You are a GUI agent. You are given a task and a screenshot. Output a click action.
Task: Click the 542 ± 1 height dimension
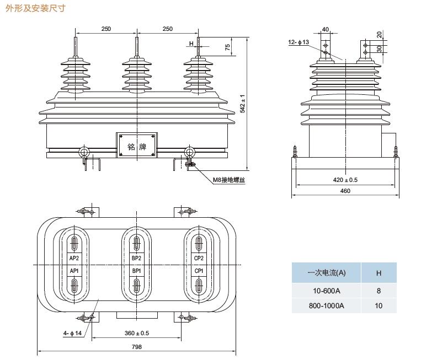click(x=243, y=103)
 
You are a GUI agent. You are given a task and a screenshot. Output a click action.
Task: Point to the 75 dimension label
click(x=227, y=47)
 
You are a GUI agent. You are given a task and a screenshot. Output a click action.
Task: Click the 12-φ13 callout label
click(x=299, y=42)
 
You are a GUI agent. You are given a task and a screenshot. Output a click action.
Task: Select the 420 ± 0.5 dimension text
click(x=345, y=180)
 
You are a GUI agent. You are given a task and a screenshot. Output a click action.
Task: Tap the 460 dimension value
click(x=345, y=191)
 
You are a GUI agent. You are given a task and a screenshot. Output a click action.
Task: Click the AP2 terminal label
click(x=74, y=258)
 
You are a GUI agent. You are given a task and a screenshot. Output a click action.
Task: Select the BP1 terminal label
click(x=136, y=271)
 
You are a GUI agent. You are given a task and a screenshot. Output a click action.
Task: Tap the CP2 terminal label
click(x=199, y=258)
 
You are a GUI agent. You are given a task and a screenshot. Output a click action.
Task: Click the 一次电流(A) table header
click(x=326, y=272)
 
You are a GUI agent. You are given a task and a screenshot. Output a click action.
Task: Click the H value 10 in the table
click(x=379, y=305)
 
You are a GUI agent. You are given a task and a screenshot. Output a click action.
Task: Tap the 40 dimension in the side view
click(x=325, y=29)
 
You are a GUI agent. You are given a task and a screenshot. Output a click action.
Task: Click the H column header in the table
click(x=379, y=272)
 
